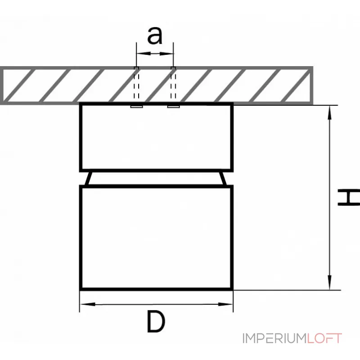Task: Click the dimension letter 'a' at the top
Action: [155, 36]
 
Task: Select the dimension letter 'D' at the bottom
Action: [156, 323]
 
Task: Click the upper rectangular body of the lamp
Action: [156, 137]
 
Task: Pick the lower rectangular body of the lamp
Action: [156, 237]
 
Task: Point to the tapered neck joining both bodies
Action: [156, 178]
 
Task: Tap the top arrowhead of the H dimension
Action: [331, 111]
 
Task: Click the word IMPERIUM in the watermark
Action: [274, 338]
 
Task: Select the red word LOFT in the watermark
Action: [325, 338]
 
